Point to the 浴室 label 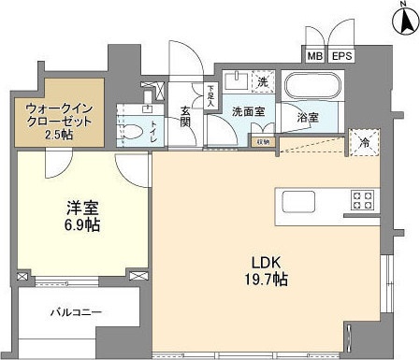(307, 120)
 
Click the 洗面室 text (247, 110)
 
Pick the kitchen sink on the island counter (298, 202)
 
